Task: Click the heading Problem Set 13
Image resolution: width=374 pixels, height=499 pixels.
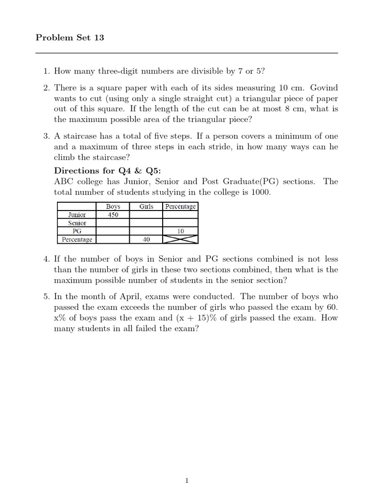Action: tap(70, 38)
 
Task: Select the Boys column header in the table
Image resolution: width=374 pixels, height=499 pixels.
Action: tap(113, 207)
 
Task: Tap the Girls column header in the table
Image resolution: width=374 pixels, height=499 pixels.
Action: tap(146, 207)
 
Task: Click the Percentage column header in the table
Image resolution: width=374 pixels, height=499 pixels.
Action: tap(180, 207)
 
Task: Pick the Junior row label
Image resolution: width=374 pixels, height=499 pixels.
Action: tap(77, 215)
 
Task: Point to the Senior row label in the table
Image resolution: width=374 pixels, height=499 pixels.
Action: tap(77, 223)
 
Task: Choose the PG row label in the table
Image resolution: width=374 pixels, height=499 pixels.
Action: tap(77, 231)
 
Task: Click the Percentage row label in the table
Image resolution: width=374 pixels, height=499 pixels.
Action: tap(77, 240)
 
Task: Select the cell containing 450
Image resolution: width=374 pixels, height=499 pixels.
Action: tap(113, 215)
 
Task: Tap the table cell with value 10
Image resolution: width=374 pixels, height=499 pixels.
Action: tap(180, 231)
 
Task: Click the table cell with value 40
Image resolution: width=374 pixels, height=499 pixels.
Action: tap(146, 240)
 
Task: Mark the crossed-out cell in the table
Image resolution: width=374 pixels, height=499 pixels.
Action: tap(180, 240)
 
